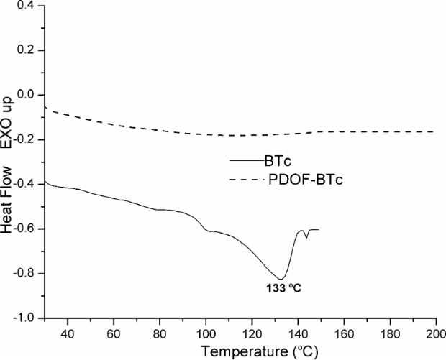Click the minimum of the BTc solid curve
coord(281,279)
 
